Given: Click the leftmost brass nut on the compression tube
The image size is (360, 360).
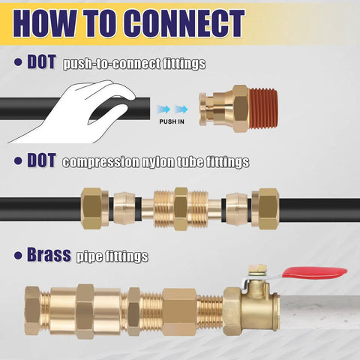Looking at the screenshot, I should click(96, 204).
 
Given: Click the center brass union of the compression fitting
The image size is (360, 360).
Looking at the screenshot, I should click(180, 204).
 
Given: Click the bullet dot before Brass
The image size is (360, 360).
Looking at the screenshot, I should click(17, 256).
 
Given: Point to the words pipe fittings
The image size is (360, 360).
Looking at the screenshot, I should click(112, 257).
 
